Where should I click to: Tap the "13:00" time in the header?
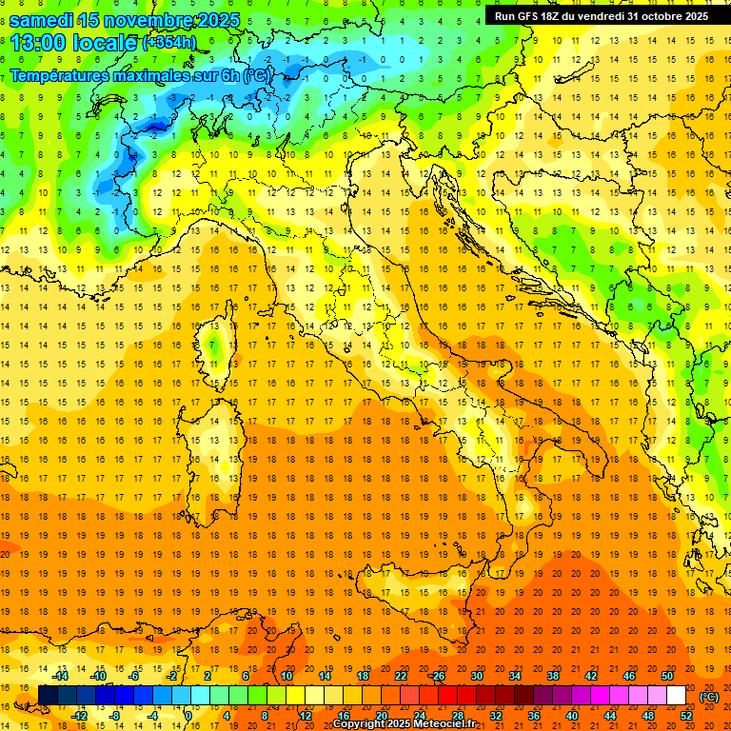coord(37,42)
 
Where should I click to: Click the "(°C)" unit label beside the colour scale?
coord(709,697)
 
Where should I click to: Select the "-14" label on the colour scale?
coord(60,676)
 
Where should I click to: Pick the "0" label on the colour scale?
coord(188,716)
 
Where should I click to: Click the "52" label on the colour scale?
coord(687,716)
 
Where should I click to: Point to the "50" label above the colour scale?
coord(666,676)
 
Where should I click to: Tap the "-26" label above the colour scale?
coord(437,676)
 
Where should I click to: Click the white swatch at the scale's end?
coord(676,696)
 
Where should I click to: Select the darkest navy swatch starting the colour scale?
coord(48,696)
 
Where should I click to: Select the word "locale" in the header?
coord(108,42)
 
